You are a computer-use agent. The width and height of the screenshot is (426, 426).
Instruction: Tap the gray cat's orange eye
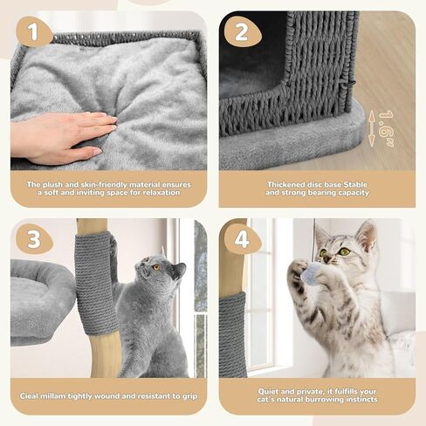point(156,268)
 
